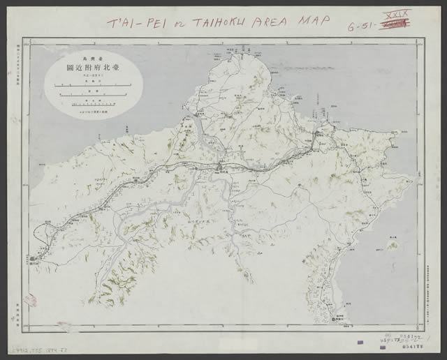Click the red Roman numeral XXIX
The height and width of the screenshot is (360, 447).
pyautogui.click(x=400, y=14)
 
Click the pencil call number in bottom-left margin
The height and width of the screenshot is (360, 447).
pyautogui.click(x=36, y=347)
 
